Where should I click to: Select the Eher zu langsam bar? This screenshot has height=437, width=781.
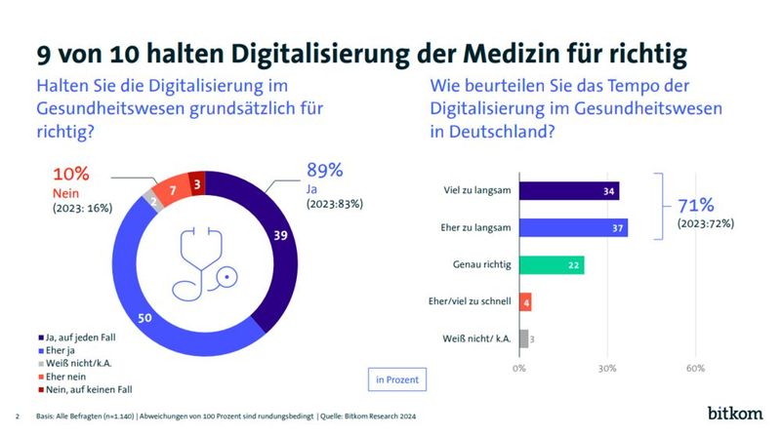573,227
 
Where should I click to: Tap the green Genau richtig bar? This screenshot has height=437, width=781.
552,264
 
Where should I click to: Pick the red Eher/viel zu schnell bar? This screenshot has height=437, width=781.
525,301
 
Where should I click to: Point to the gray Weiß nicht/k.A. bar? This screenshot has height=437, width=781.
524,338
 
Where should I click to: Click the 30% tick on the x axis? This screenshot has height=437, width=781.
607,369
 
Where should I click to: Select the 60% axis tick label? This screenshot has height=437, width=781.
695,369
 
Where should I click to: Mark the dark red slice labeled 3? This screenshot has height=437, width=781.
197,182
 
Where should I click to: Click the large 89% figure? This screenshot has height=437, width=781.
325,171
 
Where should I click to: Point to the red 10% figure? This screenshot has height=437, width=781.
70,175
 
